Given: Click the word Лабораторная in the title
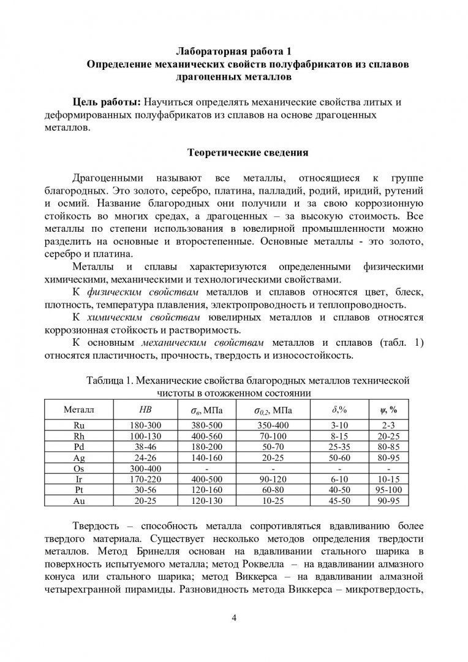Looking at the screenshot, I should point(206,51).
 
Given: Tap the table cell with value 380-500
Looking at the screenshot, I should point(203,424).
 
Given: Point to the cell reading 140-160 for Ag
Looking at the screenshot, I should point(203,457).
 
